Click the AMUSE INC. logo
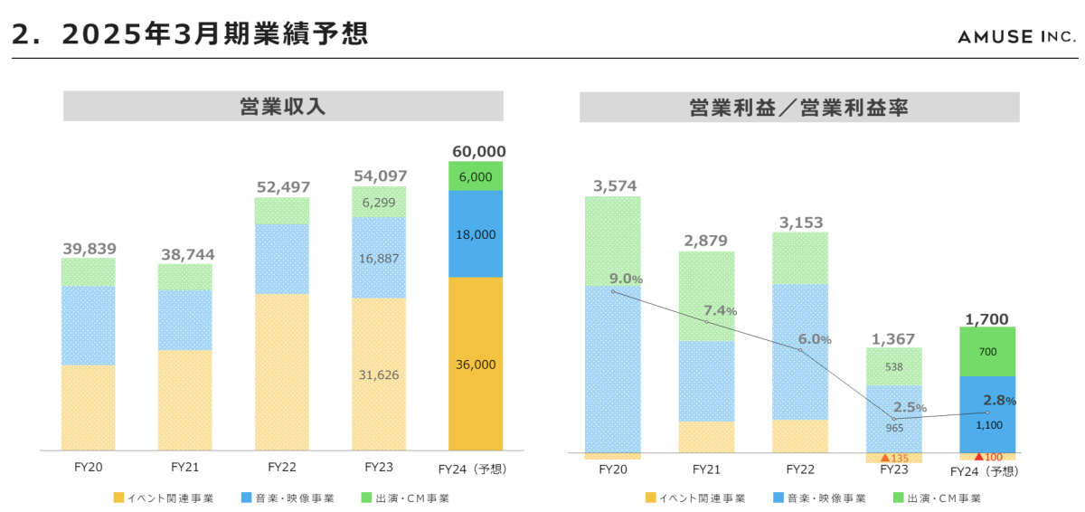pyautogui.click(x=1017, y=36)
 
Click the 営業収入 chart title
pyautogui.click(x=283, y=107)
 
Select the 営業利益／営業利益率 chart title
pyautogui.click(x=798, y=108)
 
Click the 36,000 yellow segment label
pyautogui.click(x=476, y=365)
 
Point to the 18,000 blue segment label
pyautogui.click(x=476, y=234)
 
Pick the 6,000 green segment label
pyautogui.click(x=476, y=177)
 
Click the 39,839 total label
pyautogui.click(x=89, y=249)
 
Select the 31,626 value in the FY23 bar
pyautogui.click(x=378, y=375)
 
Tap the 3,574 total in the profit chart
pyautogui.click(x=615, y=186)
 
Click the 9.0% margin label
pyautogui.click(x=626, y=279)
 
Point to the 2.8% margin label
pyautogui.click(x=999, y=400)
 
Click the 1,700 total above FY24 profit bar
pyautogui.click(x=987, y=318)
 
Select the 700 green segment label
pyautogui.click(x=987, y=351)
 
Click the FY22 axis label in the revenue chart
pyautogui.click(x=282, y=468)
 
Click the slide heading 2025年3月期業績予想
pyautogui.click(x=190, y=33)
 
